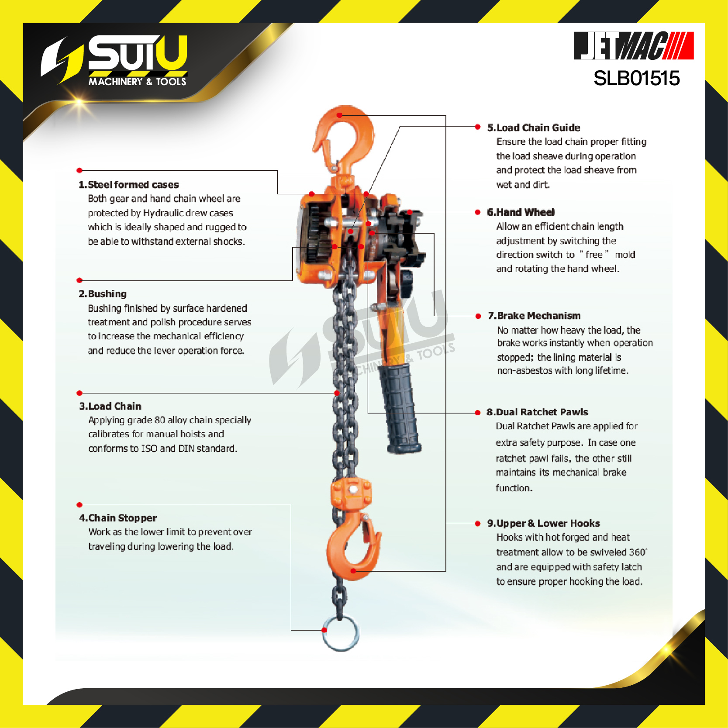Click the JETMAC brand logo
point(634,45)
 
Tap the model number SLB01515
point(637,79)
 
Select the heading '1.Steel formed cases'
point(128,184)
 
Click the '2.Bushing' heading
point(103,293)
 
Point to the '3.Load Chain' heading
point(110,406)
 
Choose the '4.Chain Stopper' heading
point(118,518)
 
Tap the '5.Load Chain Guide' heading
point(534,128)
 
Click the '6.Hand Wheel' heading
point(521,212)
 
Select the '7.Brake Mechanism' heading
point(534,315)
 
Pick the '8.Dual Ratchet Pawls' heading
point(537,412)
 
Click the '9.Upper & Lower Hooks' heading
point(544,523)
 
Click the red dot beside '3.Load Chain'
point(79,393)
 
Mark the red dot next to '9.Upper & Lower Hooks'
point(477,523)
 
